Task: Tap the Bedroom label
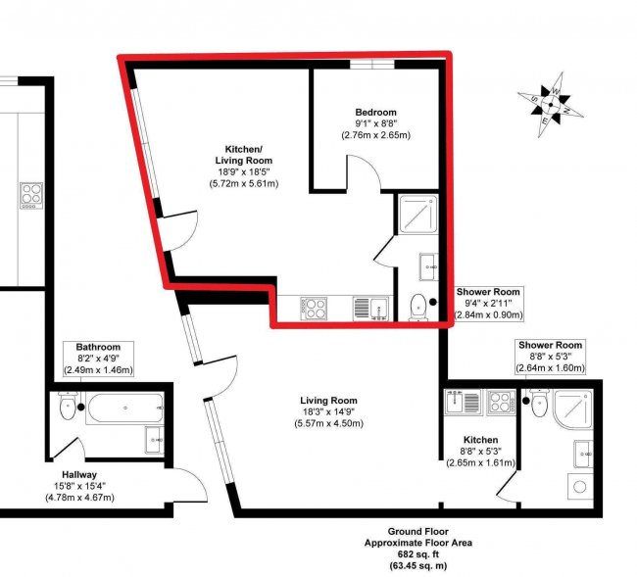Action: click(x=375, y=112)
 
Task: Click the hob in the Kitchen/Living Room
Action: click(x=314, y=308)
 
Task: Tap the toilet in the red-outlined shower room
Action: click(x=419, y=305)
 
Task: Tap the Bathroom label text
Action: click(x=97, y=347)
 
